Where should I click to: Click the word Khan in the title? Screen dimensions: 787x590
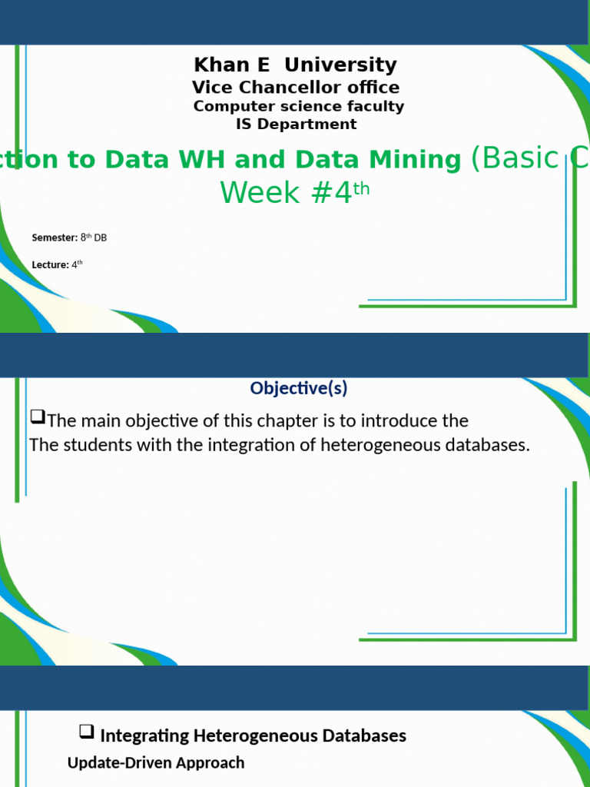click(x=217, y=65)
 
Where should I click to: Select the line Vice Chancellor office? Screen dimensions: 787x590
click(x=295, y=88)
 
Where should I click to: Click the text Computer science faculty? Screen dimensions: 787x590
click(x=298, y=106)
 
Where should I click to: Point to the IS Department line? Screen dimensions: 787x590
click(x=296, y=124)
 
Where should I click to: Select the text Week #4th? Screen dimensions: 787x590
click(x=295, y=192)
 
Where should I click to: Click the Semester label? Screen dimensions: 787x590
click(x=55, y=237)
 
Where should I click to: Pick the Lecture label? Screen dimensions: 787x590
click(x=50, y=265)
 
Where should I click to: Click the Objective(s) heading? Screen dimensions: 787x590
click(x=298, y=388)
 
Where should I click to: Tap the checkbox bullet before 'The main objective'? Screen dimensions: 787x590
click(x=38, y=418)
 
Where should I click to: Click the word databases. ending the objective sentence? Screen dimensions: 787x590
click(x=492, y=446)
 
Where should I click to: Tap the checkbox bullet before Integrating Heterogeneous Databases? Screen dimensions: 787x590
click(x=87, y=732)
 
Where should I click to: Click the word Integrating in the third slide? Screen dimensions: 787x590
click(x=144, y=736)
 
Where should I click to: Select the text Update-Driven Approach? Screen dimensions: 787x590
click(x=156, y=762)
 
